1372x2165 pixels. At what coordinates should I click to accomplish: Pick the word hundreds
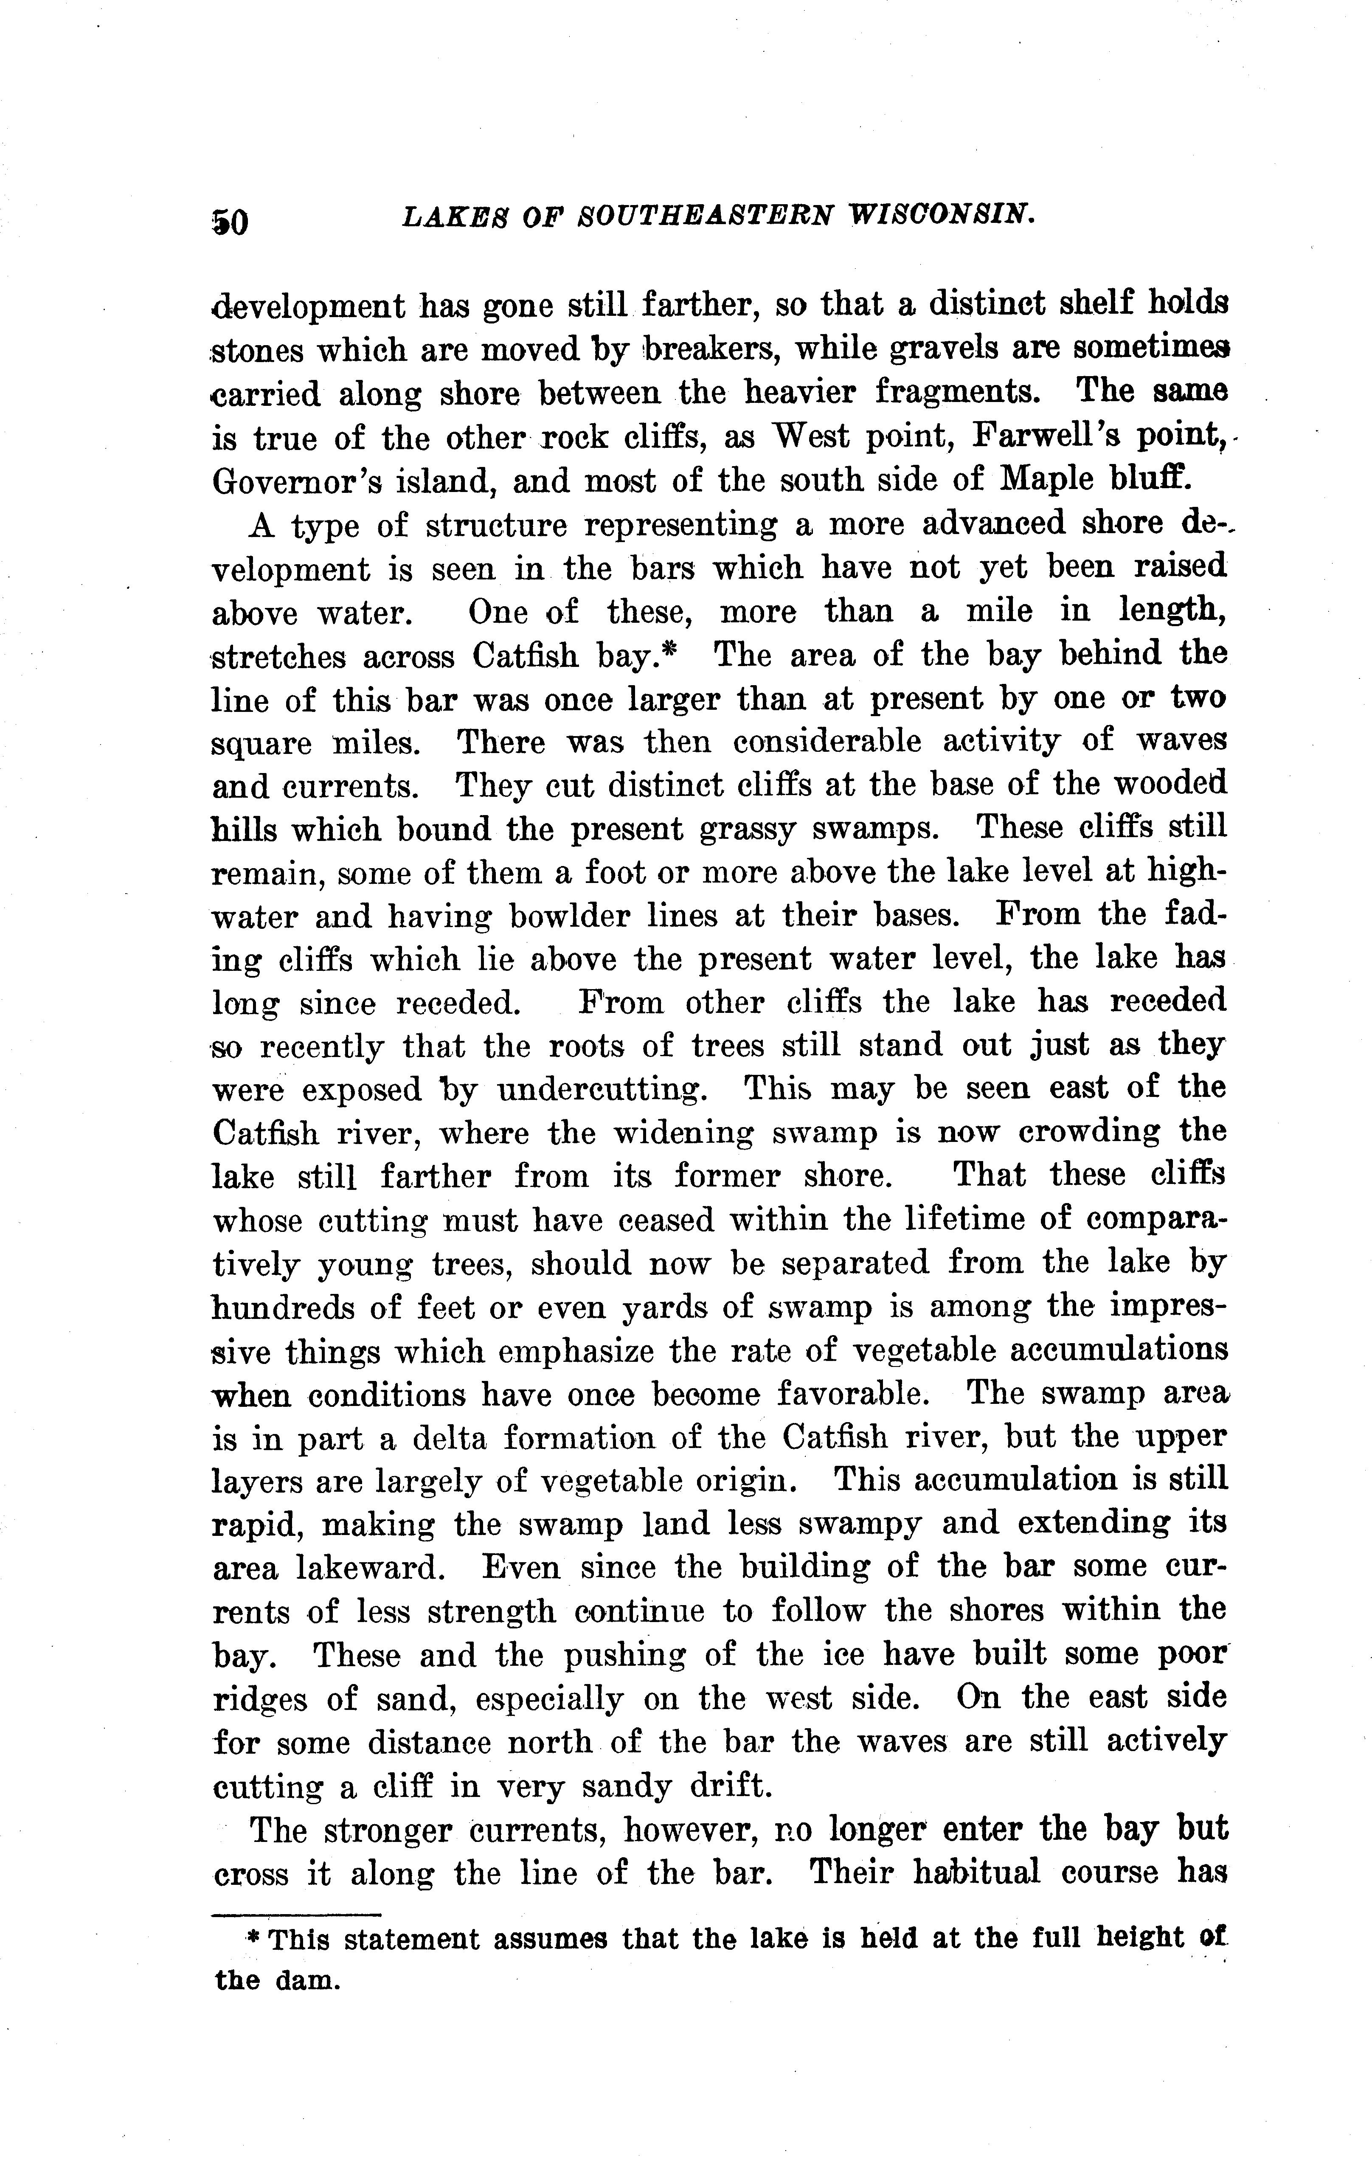coord(297,1308)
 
